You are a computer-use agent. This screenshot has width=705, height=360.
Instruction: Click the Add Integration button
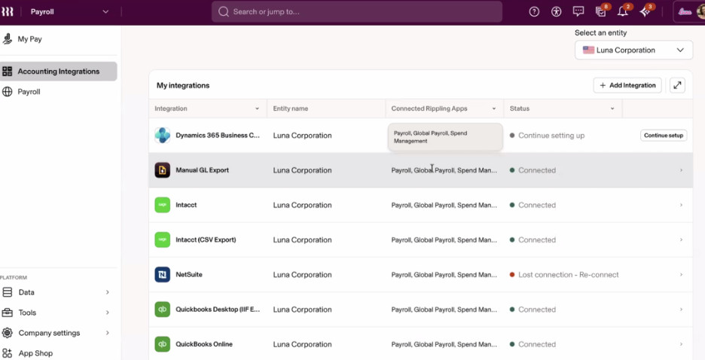627,85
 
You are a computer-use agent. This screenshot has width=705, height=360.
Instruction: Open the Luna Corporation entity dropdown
633,50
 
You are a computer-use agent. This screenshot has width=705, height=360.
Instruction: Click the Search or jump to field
356,12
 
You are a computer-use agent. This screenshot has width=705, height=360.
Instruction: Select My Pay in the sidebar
29,39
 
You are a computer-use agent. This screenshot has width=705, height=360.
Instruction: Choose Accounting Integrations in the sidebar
59,72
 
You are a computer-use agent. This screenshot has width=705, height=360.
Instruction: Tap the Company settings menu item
49,333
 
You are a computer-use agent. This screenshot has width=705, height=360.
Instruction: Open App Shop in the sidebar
35,353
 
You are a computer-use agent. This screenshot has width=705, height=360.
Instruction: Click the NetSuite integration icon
162,275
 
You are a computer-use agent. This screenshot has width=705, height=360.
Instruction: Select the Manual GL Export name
203,170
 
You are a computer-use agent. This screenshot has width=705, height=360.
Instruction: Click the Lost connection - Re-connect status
569,275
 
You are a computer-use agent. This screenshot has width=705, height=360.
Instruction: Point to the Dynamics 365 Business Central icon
162,136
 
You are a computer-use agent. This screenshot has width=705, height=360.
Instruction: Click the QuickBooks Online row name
204,344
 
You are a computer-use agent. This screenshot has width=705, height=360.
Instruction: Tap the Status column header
520,108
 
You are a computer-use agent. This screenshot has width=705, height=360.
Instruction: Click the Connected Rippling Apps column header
429,108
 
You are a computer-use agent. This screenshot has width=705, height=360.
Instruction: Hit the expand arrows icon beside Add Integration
677,85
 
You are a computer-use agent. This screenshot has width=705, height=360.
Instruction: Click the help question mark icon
534,12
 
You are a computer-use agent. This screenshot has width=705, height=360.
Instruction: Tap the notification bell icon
623,12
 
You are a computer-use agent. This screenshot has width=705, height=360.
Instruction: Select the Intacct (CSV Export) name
206,240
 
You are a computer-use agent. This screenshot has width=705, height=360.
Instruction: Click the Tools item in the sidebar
27,313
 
